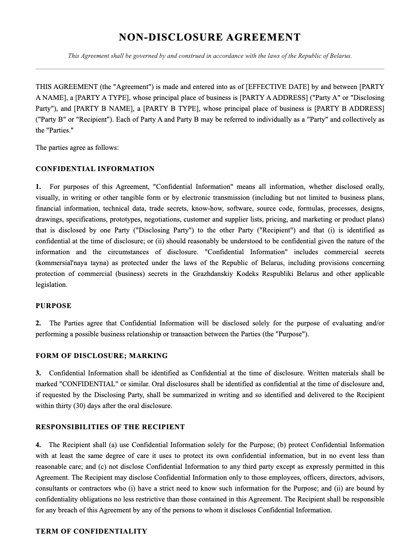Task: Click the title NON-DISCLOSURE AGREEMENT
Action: pos(210,38)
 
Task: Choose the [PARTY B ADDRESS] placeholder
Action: pos(349,108)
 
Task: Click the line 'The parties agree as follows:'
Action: pos(77,147)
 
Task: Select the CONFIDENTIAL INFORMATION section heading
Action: pos(95,169)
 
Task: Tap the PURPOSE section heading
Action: pos(53,306)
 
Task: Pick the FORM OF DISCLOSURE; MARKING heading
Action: pos(101,356)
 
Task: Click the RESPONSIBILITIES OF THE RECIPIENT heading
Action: pos(110,427)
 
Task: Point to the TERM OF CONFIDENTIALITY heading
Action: pos(91,531)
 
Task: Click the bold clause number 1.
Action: pos(38,186)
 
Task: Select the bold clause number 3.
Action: pos(38,373)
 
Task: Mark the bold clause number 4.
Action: pos(38,445)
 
